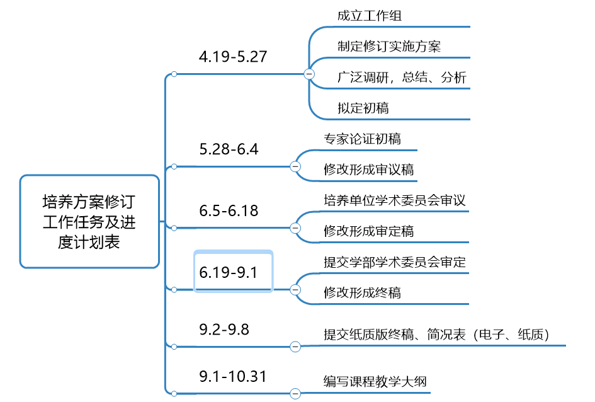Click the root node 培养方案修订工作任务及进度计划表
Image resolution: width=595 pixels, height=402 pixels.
pyautogui.click(x=89, y=221)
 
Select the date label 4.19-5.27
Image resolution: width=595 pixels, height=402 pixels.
pyautogui.click(x=233, y=57)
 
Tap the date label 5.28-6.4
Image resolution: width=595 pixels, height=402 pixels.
pyautogui.click(x=229, y=149)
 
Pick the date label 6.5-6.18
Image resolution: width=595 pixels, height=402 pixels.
pyautogui.click(x=229, y=210)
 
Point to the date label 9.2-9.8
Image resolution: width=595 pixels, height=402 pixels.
pyautogui.click(x=224, y=328)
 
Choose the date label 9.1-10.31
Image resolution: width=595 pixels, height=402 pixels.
pyautogui.click(x=233, y=376)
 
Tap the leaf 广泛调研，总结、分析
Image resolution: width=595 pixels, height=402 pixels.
pyautogui.click(x=402, y=78)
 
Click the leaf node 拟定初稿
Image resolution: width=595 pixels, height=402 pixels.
pyautogui.click(x=363, y=108)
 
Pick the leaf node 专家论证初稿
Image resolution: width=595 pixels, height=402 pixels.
pyautogui.click(x=363, y=139)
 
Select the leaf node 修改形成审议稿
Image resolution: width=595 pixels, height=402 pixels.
pyautogui.click(x=369, y=169)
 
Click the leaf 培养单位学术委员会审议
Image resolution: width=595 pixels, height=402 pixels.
pyautogui.click(x=395, y=200)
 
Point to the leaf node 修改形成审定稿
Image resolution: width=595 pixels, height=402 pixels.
pyautogui.click(x=369, y=231)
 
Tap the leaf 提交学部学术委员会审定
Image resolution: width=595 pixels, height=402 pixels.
pyautogui.click(x=395, y=261)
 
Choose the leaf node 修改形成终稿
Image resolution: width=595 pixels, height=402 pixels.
pyautogui.click(x=363, y=292)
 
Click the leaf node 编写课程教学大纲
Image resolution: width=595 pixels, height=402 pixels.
pyautogui.click(x=375, y=381)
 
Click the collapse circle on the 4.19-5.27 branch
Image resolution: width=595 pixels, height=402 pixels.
pyautogui.click(x=309, y=74)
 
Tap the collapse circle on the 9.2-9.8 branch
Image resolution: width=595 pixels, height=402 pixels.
pyautogui.click(x=295, y=346)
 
